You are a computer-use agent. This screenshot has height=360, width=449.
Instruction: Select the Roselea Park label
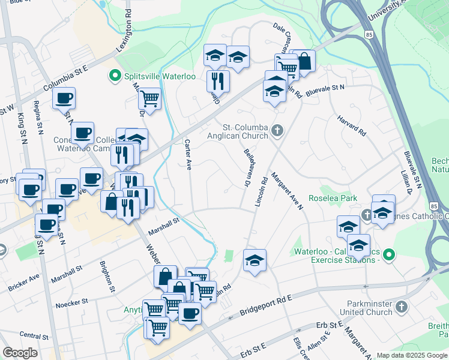pyautogui.click(x=333, y=198)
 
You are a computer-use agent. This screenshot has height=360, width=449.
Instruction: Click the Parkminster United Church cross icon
pyautogui.click(x=402, y=307)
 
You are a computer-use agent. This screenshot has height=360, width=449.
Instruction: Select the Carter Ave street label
pyautogui.click(x=188, y=154)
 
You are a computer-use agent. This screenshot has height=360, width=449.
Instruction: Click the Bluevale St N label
pyautogui.click(x=325, y=89)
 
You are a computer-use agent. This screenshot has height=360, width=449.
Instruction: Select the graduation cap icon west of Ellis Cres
pyautogui.click(x=255, y=260)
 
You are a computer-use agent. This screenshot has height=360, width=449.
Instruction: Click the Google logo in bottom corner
pyautogui.click(x=20, y=353)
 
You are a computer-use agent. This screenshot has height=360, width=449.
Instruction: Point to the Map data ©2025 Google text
pyautogui.click(x=412, y=355)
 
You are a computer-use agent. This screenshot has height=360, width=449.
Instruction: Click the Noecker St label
pyautogui.click(x=71, y=302)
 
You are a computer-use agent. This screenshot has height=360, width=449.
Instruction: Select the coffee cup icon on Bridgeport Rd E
pyautogui.click(x=190, y=313)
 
